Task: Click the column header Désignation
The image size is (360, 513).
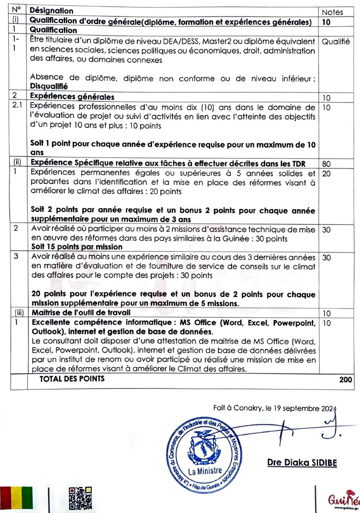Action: tap(52, 11)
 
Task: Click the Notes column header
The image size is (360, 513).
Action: tap(332, 12)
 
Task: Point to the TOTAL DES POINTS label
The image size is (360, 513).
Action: tap(72, 379)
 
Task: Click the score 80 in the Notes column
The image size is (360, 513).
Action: tap(326, 164)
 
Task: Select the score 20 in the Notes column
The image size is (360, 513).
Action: tap(326, 174)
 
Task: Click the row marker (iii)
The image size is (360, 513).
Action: tap(18, 312)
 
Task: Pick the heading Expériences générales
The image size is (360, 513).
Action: tap(72, 97)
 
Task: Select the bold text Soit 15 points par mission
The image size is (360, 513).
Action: tap(77, 247)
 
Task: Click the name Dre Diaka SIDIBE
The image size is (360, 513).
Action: tap(302, 463)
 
